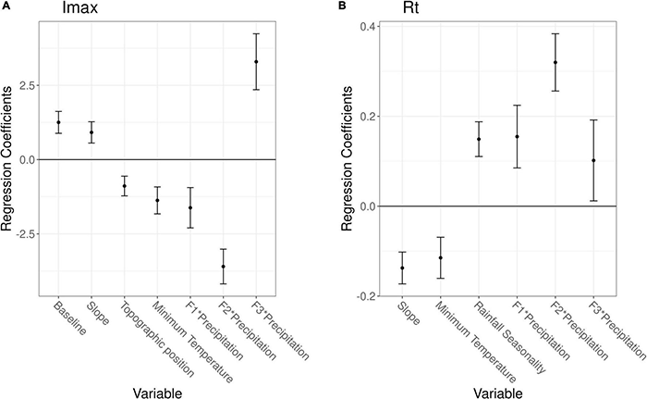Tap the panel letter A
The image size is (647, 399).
[x=6, y=6]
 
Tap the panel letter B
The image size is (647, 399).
[x=344, y=6]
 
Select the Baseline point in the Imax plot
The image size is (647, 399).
[x=58, y=122]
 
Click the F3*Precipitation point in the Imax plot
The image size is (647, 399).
[x=256, y=62]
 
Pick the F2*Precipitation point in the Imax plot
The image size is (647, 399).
[x=223, y=267]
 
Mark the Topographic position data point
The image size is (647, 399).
[x=124, y=186]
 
